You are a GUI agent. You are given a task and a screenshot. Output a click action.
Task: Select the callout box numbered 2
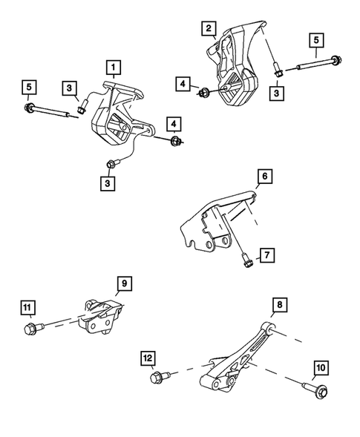(x=212, y=29)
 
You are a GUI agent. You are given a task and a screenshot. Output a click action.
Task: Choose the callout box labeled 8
(x=278, y=305)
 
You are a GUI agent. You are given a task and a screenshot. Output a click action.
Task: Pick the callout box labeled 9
(x=124, y=283)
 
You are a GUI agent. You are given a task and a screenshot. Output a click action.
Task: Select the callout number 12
(x=148, y=361)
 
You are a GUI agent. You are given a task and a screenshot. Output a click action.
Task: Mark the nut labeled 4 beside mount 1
(x=175, y=141)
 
